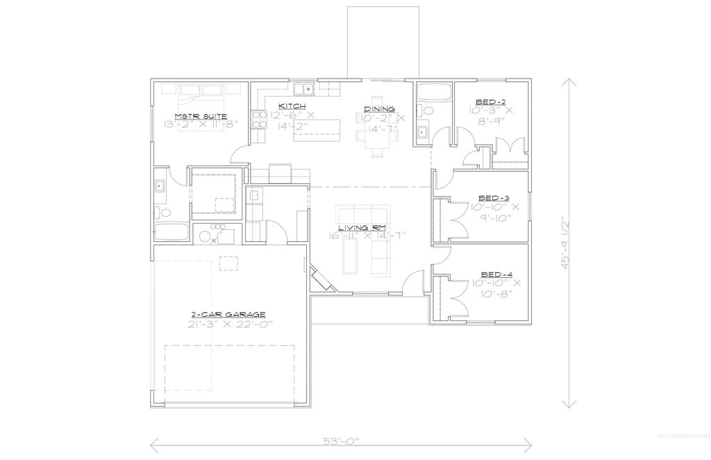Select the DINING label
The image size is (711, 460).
379,109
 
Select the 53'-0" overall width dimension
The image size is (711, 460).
342,441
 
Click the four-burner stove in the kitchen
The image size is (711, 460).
259,120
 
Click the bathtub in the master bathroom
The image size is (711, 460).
169,233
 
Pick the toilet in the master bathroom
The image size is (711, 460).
159,213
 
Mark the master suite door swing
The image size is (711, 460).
238,154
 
